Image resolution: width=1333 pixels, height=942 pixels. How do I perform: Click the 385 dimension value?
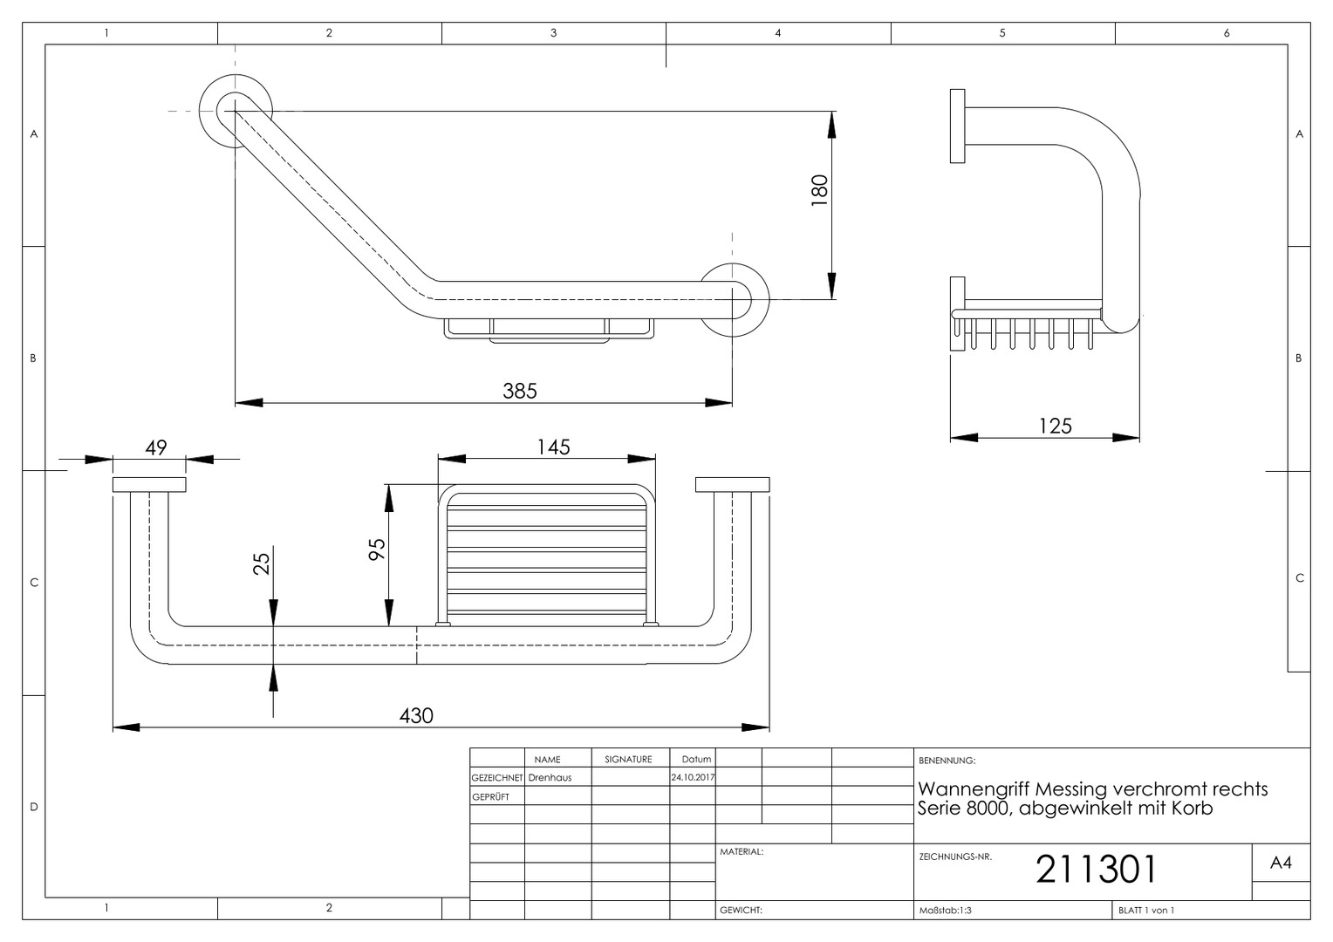click(520, 391)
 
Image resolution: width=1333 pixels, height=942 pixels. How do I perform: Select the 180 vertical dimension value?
click(819, 190)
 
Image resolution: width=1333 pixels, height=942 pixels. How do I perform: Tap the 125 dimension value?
click(1055, 426)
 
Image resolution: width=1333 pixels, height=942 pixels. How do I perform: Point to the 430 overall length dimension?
click(416, 715)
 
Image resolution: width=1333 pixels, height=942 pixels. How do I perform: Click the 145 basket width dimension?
click(553, 447)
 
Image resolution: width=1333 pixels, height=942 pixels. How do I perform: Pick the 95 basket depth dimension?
click(377, 549)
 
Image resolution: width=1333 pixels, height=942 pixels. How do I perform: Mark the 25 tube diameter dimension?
click(262, 563)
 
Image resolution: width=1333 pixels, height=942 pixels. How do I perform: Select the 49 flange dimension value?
click(156, 447)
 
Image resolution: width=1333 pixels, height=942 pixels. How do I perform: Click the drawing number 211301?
click(1097, 870)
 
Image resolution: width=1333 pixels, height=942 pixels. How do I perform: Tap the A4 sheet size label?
click(1281, 863)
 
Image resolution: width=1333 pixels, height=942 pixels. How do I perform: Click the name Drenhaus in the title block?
click(550, 778)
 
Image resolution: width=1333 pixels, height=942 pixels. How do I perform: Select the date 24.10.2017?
click(693, 777)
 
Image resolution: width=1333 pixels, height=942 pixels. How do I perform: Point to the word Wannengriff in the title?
click(974, 789)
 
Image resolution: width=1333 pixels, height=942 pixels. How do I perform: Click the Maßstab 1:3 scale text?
click(945, 911)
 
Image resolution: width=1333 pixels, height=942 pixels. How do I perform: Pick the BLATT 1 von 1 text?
click(1146, 911)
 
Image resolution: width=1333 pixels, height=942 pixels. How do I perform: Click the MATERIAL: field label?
click(742, 851)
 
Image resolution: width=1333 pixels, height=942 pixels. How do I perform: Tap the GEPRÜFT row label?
click(490, 797)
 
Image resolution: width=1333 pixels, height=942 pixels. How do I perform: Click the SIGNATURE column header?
click(628, 760)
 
